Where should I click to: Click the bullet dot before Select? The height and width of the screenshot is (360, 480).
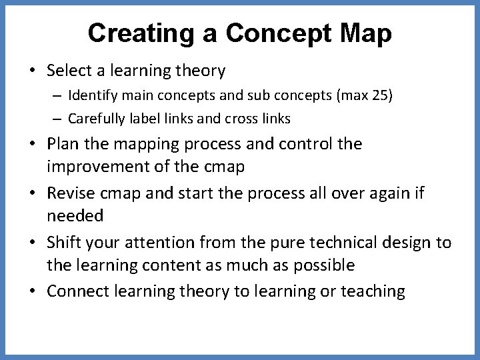33,70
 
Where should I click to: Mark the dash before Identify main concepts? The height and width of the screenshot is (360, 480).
57,95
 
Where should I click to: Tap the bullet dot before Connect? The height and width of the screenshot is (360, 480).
33,291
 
